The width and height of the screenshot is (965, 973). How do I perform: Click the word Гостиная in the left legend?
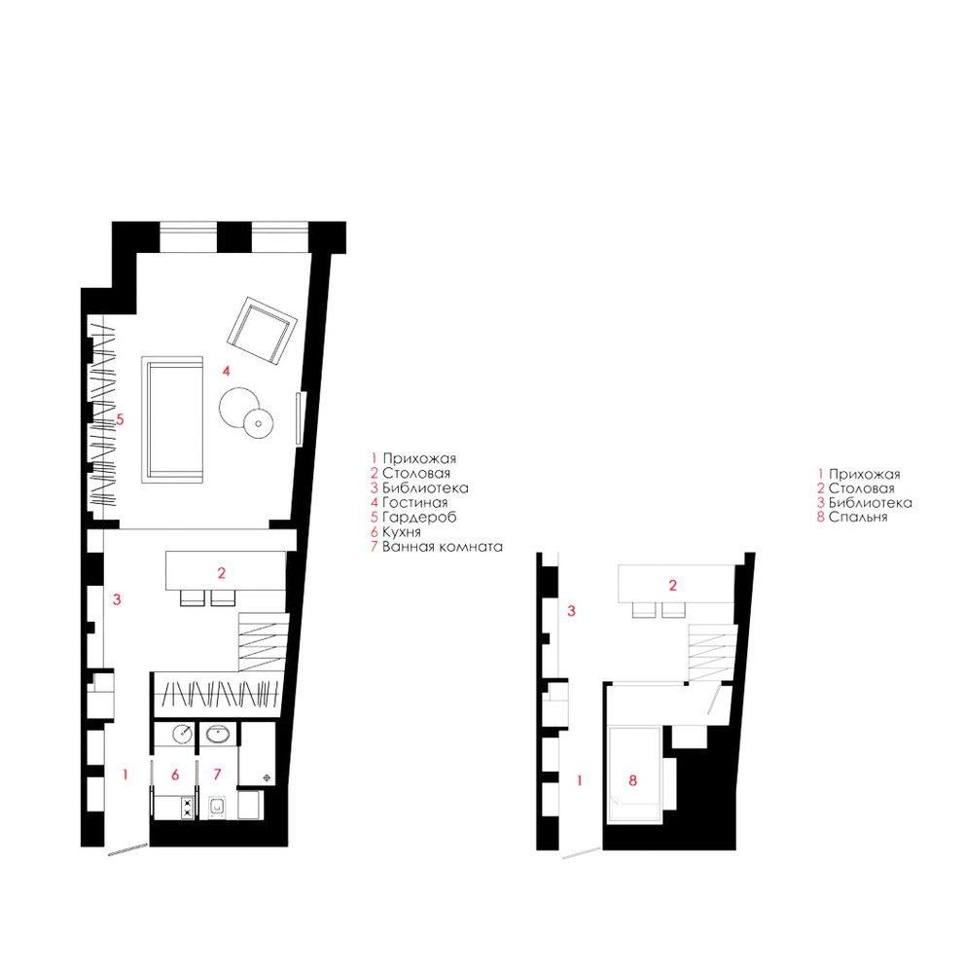(414, 503)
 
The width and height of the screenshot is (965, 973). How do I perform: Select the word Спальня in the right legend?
(858, 518)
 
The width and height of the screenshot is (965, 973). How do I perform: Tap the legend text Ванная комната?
(442, 547)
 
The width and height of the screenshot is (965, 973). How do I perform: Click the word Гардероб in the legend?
(419, 517)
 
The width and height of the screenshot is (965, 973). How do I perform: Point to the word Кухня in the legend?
(401, 532)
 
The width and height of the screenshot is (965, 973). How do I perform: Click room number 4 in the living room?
(227, 371)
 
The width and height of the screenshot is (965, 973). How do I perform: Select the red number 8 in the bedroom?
(633, 780)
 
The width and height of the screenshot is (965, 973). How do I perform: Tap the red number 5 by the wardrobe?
(120, 419)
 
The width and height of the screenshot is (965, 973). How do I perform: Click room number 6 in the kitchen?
(175, 775)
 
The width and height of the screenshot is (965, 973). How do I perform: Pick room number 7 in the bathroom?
(217, 775)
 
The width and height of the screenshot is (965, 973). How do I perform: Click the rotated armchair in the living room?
(262, 331)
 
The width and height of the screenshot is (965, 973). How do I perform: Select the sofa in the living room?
(172, 419)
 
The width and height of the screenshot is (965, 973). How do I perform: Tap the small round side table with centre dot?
(258, 424)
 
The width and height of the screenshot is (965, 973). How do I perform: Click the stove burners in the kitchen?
(187, 809)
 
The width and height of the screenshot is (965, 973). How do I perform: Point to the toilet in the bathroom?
(217, 808)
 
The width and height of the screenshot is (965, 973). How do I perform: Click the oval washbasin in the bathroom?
(217, 735)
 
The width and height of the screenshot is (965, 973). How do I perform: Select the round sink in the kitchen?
(183, 734)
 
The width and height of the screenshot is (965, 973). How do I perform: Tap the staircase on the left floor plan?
(264, 641)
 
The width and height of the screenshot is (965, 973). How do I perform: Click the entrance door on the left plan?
(127, 848)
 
